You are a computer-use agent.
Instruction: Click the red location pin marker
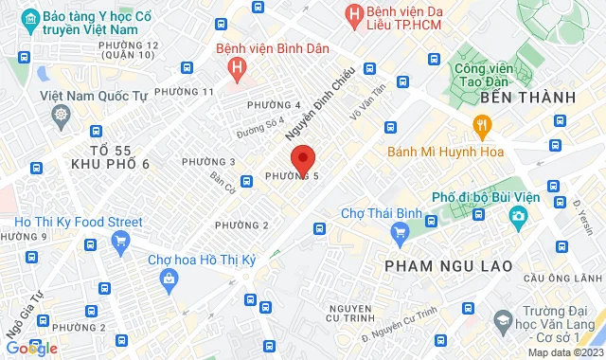302,158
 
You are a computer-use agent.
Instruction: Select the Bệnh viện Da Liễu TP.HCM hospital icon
354,14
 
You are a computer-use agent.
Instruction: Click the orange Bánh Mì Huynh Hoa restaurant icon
483,126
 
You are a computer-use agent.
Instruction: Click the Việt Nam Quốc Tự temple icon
61,115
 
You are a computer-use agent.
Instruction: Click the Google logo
29,348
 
